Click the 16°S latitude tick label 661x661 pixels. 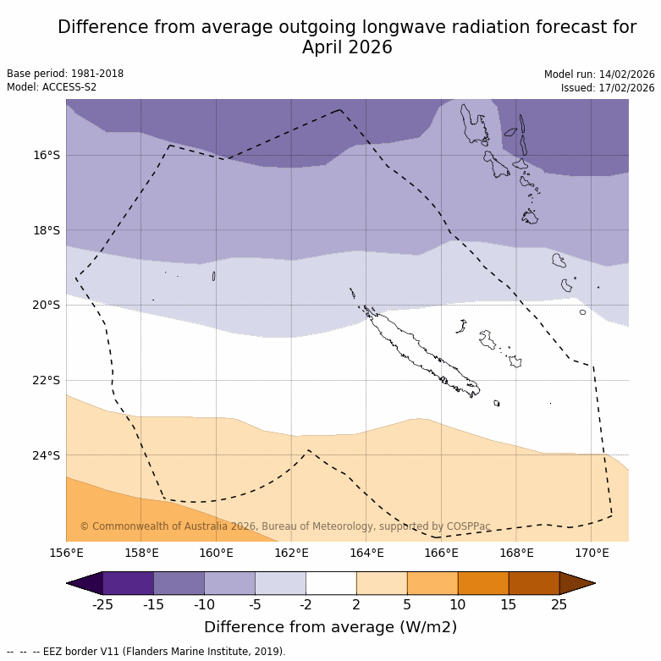tap(47, 155)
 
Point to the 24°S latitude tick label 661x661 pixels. tap(47, 455)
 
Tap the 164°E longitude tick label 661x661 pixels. tap(366, 554)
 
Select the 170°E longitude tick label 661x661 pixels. tap(592, 554)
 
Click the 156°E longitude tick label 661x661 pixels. tap(66, 554)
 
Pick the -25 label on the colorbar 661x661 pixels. tap(102, 604)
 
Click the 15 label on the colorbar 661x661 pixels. tap(509, 604)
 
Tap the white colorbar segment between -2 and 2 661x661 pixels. tap(331, 583)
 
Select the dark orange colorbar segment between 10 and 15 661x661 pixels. tap(483, 583)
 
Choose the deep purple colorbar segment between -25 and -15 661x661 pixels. tap(128, 583)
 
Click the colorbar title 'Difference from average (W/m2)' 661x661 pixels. tap(330, 627)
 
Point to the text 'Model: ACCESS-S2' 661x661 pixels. tap(52, 87)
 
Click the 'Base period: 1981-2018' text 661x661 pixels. tap(65, 74)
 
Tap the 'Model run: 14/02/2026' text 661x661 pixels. tap(599, 74)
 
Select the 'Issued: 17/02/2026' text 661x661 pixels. tap(608, 88)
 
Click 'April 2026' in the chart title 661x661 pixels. tap(347, 47)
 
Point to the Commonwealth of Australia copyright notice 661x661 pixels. tap(285, 526)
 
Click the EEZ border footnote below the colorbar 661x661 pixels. tap(146, 652)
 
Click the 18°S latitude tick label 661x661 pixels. tap(47, 230)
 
